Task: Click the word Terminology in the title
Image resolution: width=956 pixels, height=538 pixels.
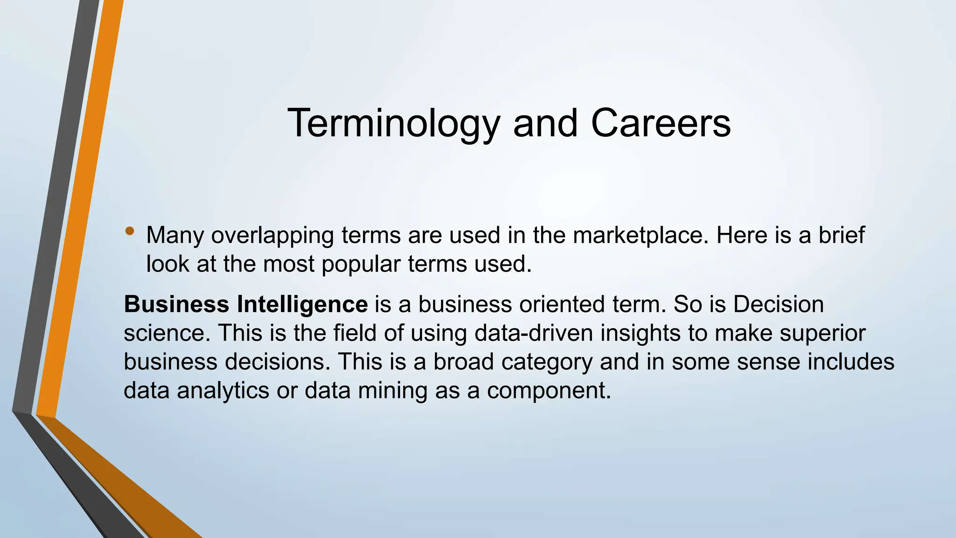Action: [x=393, y=123]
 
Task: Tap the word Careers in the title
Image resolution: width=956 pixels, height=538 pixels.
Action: [x=661, y=123]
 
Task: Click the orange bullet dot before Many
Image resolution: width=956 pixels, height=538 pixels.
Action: [x=130, y=231]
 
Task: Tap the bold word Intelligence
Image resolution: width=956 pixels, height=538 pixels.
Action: [x=302, y=304]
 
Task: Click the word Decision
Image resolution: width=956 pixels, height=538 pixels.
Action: [x=778, y=304]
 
